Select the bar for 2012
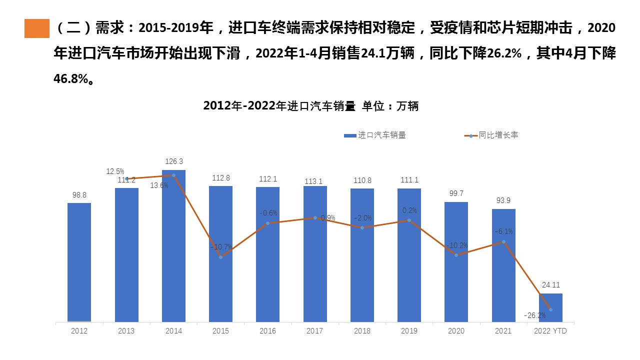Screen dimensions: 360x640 (79, 262)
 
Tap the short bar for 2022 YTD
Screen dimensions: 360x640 (550, 307)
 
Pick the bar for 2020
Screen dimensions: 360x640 (456, 262)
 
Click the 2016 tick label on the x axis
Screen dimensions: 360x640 (268, 331)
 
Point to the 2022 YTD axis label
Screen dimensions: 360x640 (550, 331)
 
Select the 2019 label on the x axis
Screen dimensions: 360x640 (409, 331)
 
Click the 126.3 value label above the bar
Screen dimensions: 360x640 (174, 161)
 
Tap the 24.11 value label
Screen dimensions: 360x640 (550, 285)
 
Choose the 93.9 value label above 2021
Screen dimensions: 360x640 (503, 200)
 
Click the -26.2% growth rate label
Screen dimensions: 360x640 (534, 315)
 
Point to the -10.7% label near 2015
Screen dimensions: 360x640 (220, 247)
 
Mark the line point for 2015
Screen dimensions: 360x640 (220, 257)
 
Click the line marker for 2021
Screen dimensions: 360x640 (503, 242)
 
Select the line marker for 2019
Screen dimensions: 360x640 (409, 220)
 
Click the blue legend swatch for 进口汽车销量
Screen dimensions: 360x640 (349, 135)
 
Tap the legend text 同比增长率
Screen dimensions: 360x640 (498, 135)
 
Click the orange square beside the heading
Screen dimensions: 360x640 (37, 28)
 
